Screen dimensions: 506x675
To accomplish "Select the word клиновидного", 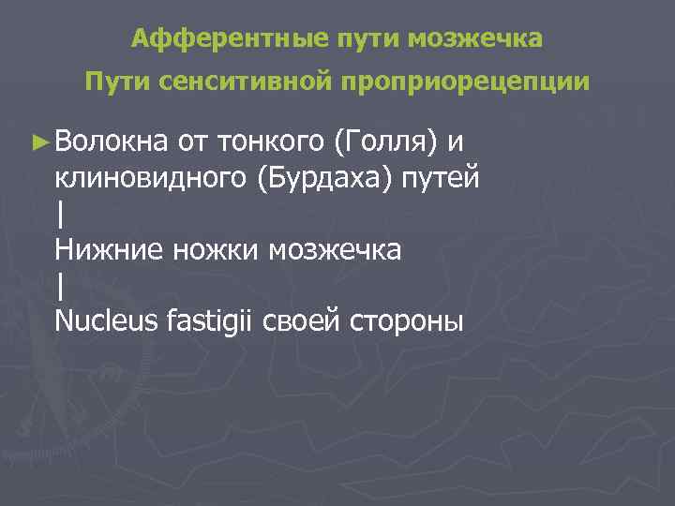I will click(151, 178).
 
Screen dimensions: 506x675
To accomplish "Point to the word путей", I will click(442, 178).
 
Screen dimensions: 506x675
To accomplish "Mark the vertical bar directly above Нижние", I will click(60, 214).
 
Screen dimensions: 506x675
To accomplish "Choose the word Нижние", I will click(103, 249).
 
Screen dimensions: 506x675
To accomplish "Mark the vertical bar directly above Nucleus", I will click(60, 285).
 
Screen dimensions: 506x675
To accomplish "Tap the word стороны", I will click(406, 320).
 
